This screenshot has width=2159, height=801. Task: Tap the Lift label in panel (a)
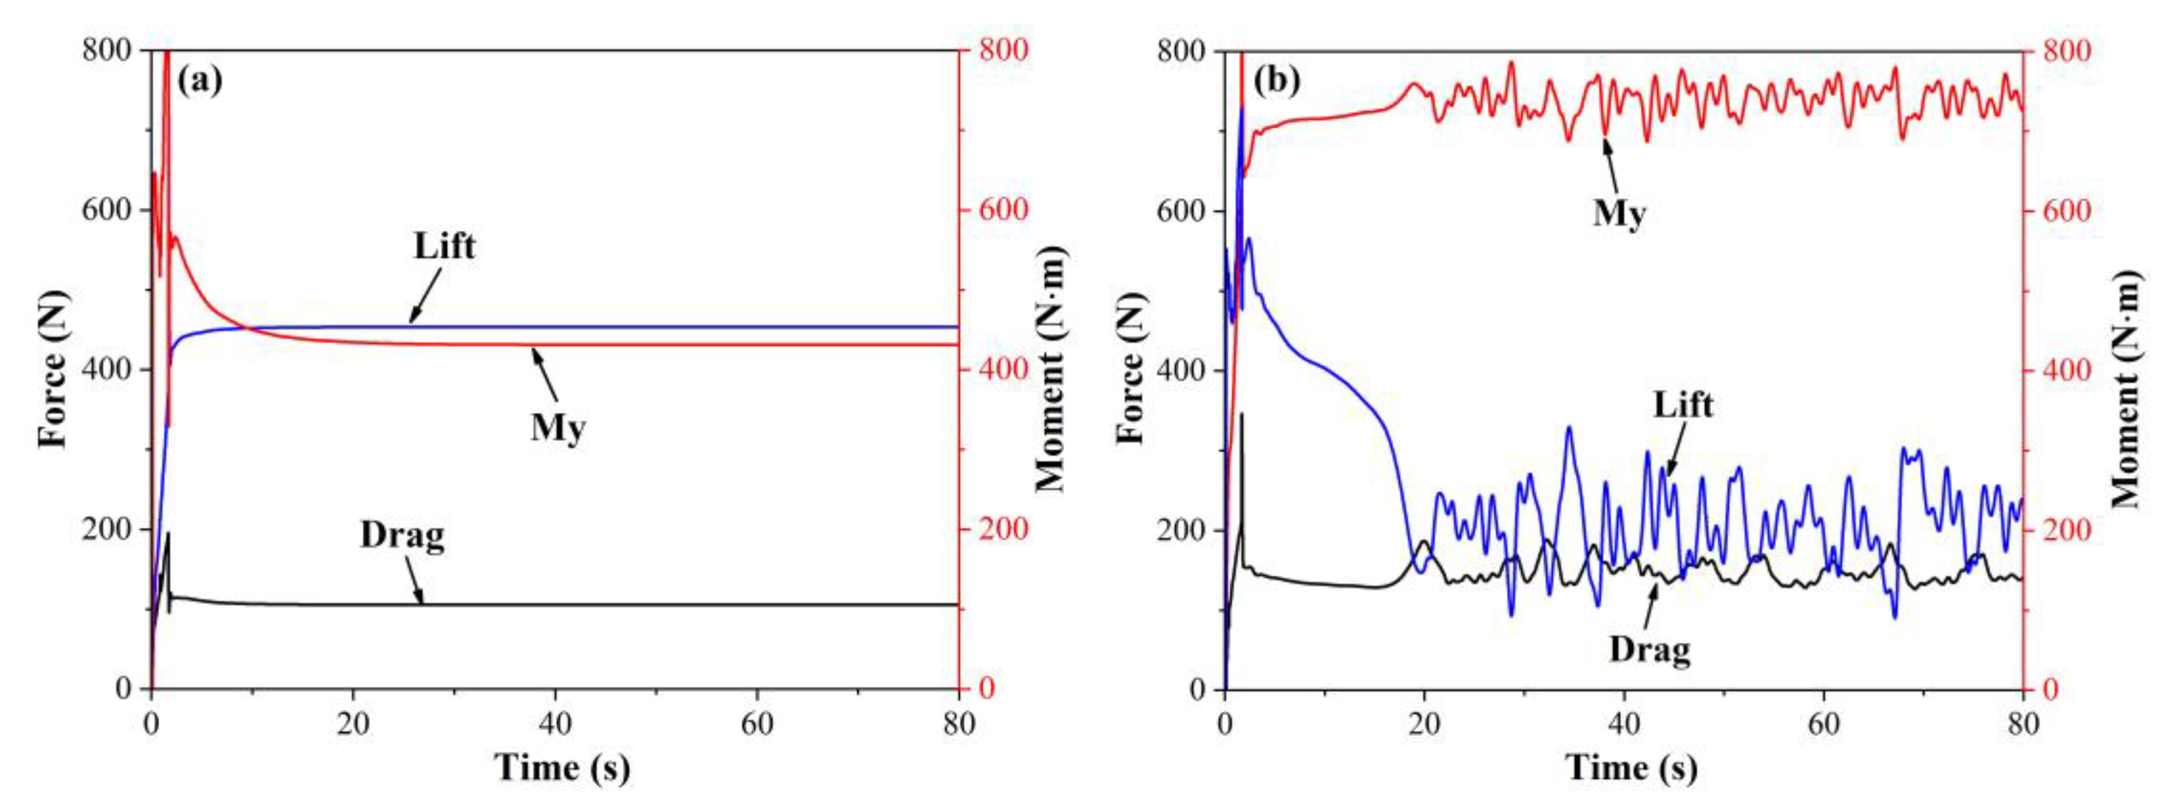pyautogui.click(x=444, y=247)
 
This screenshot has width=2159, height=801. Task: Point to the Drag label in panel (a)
pyautogui.click(x=402, y=535)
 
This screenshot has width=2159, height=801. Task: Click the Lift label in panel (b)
pyautogui.click(x=1683, y=405)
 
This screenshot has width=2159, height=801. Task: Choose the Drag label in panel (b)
pyautogui.click(x=1650, y=649)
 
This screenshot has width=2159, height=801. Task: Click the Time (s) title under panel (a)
pyautogui.click(x=562, y=767)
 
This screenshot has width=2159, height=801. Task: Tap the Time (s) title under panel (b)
pyautogui.click(x=1631, y=767)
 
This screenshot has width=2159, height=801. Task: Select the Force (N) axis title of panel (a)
pyautogui.click(x=52, y=369)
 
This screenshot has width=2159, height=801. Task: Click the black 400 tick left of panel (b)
pyautogui.click(x=1183, y=370)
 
